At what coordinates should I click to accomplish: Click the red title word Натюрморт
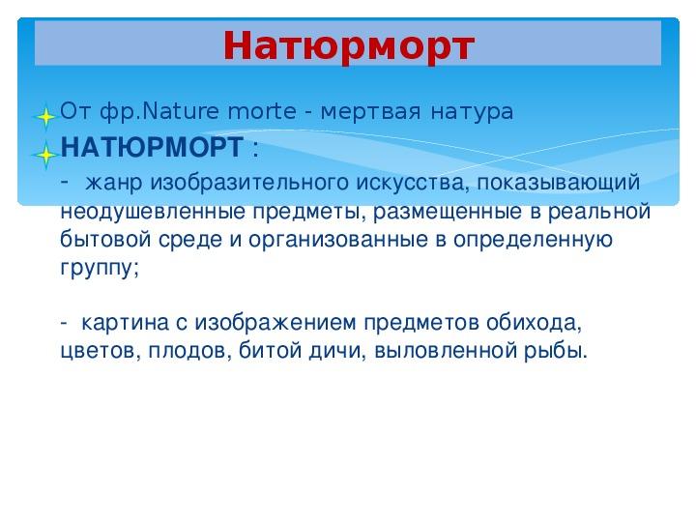[x=349, y=46]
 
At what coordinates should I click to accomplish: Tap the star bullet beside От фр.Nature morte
[x=44, y=117]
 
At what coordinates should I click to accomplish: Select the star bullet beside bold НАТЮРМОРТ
[x=44, y=155]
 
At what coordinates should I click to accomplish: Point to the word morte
[x=261, y=111]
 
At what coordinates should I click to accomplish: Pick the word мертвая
[x=370, y=111]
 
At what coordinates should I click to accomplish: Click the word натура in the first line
[x=472, y=112]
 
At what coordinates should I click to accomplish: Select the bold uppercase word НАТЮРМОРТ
[x=152, y=147]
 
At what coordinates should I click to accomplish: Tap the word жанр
[x=114, y=183]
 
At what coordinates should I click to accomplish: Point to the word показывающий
[x=559, y=183]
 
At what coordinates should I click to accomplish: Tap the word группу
[x=100, y=268]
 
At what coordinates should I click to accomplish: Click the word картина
[x=125, y=323]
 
